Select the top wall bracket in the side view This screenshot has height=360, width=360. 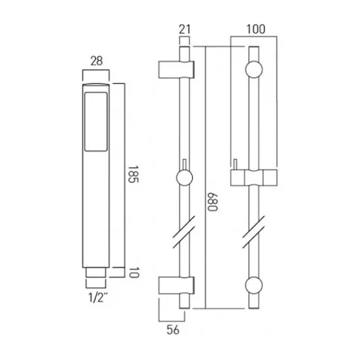click(178, 69)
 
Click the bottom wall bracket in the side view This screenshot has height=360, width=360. click(178, 285)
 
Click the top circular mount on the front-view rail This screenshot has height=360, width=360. click(253, 69)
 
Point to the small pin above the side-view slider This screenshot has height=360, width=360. click(182, 165)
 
